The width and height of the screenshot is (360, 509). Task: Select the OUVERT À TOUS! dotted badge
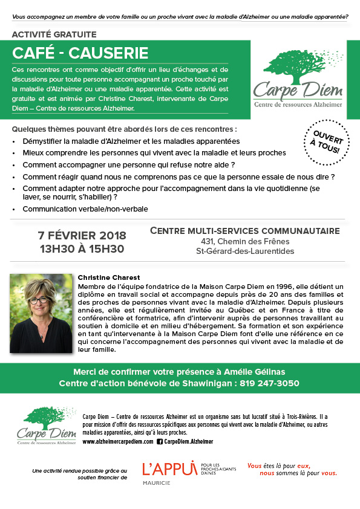point(327,141)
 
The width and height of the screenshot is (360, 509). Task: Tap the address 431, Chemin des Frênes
point(244,241)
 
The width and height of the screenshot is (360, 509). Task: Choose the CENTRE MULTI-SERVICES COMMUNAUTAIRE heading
point(244,230)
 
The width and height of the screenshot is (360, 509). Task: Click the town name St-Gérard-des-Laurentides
point(244,251)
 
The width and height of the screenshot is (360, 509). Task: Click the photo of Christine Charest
point(40,305)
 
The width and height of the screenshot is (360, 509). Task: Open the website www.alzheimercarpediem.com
point(117,442)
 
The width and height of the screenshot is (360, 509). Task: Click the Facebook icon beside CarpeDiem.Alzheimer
point(160,442)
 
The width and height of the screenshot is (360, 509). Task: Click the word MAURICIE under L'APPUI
point(156,482)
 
